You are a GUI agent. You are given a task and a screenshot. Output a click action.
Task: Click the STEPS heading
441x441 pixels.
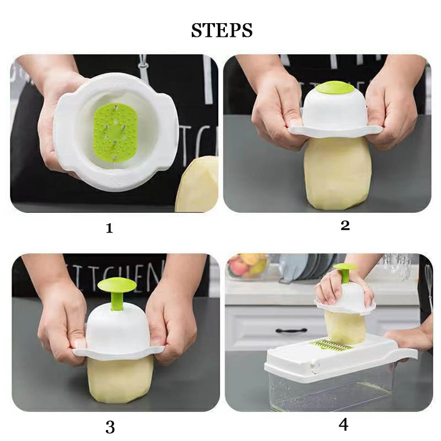coord(222,30)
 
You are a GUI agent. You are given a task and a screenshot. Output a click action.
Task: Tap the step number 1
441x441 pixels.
coord(109,228)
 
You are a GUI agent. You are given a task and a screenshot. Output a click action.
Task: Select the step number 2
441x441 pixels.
coord(345,225)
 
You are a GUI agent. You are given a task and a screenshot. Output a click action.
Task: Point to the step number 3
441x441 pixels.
coord(110,427)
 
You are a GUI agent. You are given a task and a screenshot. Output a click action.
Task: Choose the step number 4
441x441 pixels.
coord(343,425)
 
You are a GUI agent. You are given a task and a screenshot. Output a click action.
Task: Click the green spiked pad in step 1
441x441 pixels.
coord(115,132)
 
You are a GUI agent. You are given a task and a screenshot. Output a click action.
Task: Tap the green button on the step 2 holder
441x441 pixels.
coord(335,88)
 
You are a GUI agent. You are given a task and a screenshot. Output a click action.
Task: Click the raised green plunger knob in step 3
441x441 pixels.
coord(117,285)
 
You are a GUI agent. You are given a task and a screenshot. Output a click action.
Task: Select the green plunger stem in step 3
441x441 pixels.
coord(117,301)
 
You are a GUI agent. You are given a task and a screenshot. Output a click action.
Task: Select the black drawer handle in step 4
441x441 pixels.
coord(292,330)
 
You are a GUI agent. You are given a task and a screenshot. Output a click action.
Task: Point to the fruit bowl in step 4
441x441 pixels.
coord(248,265)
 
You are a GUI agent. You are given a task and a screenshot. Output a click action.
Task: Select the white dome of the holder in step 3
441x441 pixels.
coord(117,327)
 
